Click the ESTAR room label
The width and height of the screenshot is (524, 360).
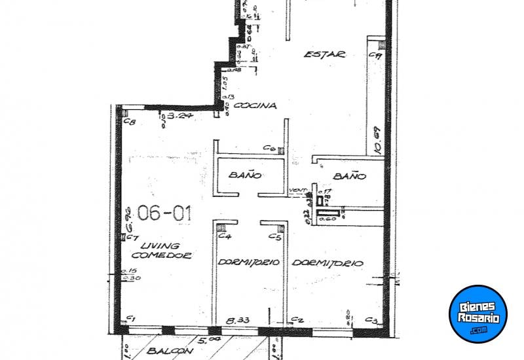324,55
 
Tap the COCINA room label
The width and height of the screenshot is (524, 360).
255,105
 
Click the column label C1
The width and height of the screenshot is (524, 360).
130,318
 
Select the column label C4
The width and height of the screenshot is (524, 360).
224,236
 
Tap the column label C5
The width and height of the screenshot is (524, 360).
276,236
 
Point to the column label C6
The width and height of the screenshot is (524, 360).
269,149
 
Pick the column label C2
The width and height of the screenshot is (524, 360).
297,320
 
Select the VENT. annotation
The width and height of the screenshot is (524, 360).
299,190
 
